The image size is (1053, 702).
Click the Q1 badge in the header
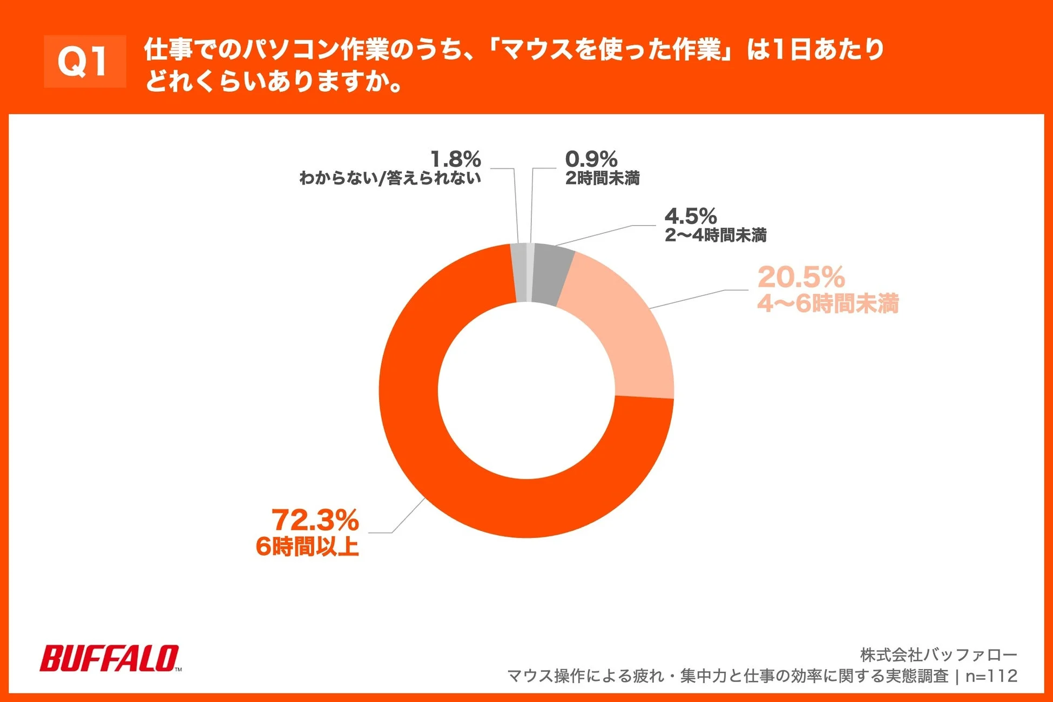pos(85,61)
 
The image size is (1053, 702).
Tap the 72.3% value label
pos(315,520)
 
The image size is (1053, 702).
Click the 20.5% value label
pos(801,277)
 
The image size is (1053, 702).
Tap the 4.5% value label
pos(690,216)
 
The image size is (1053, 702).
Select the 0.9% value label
pos(591,159)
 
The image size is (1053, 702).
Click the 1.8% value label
pos(455,159)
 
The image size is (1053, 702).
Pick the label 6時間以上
pos(307,546)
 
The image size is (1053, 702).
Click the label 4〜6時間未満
pos(828,303)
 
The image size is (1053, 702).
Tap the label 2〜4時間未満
pos(715,235)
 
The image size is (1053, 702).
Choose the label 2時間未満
pos(602,178)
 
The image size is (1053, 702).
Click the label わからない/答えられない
pos(390,178)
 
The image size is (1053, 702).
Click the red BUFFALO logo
pos(110,658)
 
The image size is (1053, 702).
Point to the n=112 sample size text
pos(991,676)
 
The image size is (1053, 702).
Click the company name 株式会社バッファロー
pos(939,655)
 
